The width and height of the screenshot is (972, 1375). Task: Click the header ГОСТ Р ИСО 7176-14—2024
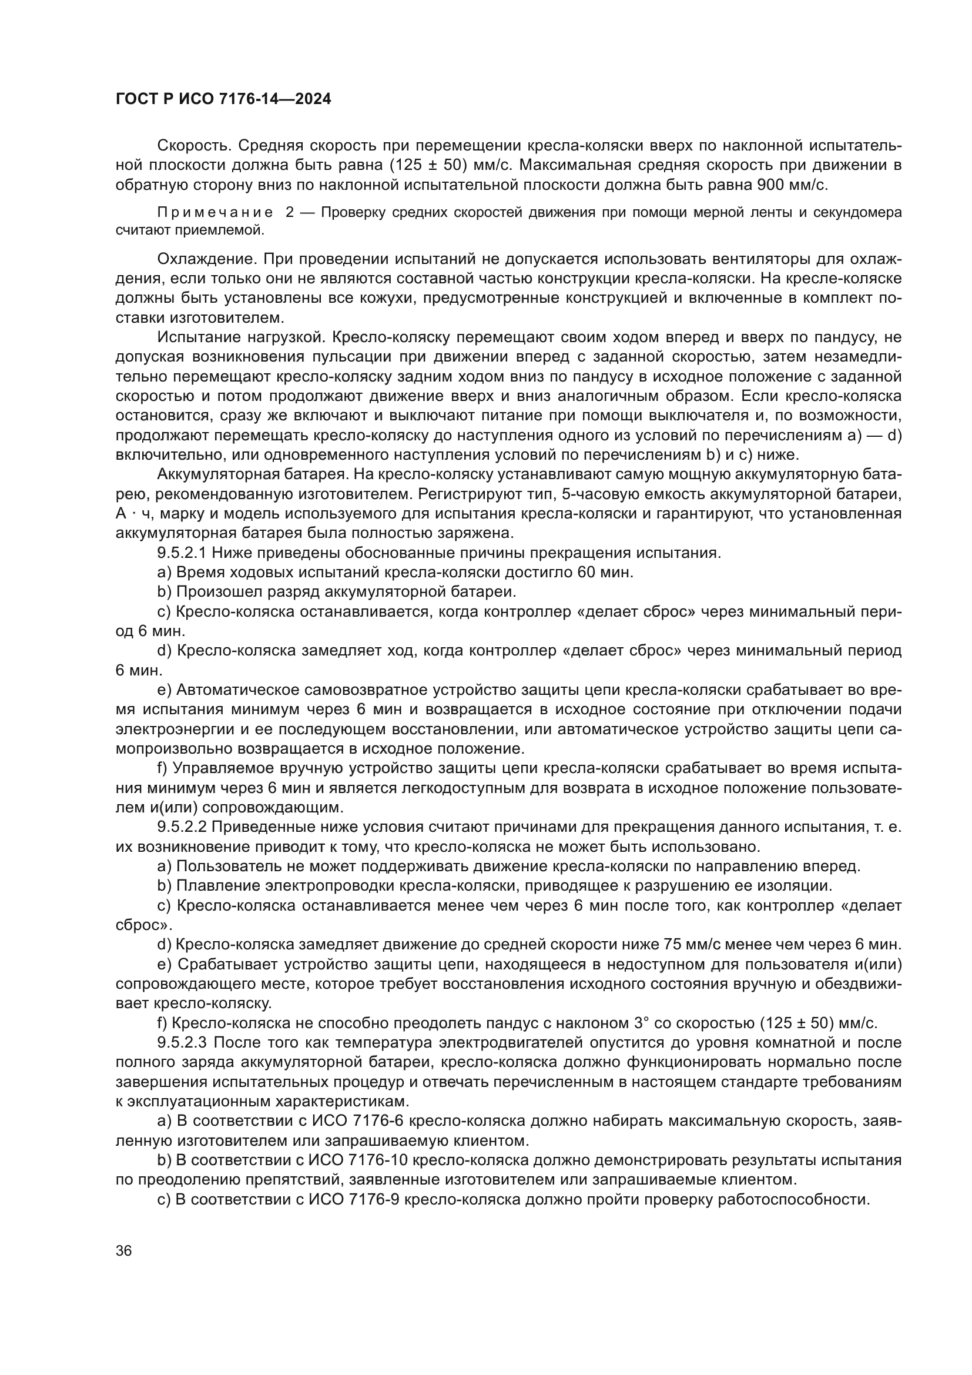[x=223, y=99]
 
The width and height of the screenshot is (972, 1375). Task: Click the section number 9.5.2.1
[x=182, y=553]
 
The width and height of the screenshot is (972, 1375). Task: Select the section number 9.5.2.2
[x=182, y=827]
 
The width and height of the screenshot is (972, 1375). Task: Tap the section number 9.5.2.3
[x=182, y=1043]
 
